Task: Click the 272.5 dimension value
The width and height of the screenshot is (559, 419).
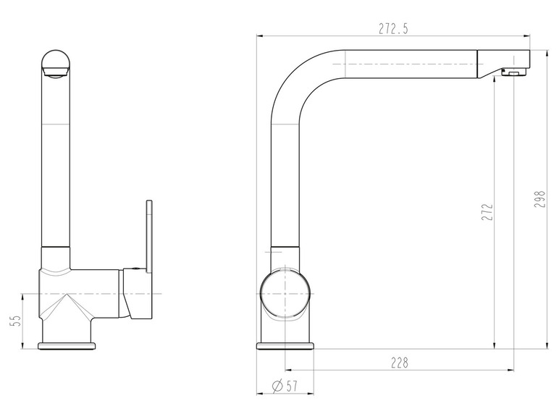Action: (393, 29)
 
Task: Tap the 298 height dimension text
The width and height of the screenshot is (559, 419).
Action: (540, 200)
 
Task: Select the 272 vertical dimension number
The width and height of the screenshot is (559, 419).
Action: (487, 212)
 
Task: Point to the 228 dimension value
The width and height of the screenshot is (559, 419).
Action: (399, 363)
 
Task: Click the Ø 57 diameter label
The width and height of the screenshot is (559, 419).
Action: (284, 386)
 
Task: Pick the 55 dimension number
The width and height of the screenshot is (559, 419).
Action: (16, 320)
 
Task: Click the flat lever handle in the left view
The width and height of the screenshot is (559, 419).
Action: (149, 236)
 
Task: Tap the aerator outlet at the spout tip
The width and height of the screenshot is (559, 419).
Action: (513, 72)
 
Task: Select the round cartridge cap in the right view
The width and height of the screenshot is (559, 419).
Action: (285, 294)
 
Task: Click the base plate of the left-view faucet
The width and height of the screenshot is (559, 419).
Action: (67, 346)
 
